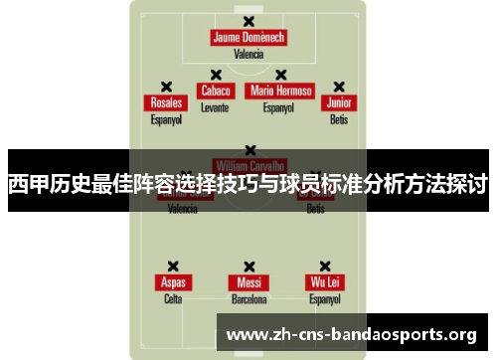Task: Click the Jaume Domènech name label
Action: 248,38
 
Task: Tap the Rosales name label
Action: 166,102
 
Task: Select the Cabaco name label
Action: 215,90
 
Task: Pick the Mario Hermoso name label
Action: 280,90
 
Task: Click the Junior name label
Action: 340,102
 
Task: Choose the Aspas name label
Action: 173,282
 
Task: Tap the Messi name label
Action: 248,282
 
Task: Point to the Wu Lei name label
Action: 325,282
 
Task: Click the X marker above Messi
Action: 248,266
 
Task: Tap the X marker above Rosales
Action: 166,87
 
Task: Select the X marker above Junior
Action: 339,87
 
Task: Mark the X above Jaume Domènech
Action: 248,22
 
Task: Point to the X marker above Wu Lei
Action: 325,266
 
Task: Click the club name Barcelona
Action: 248,299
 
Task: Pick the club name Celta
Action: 173,299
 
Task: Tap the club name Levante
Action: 215,106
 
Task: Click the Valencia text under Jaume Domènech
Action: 248,55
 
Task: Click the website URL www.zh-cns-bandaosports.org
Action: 352,334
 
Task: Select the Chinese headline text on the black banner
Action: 248,183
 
